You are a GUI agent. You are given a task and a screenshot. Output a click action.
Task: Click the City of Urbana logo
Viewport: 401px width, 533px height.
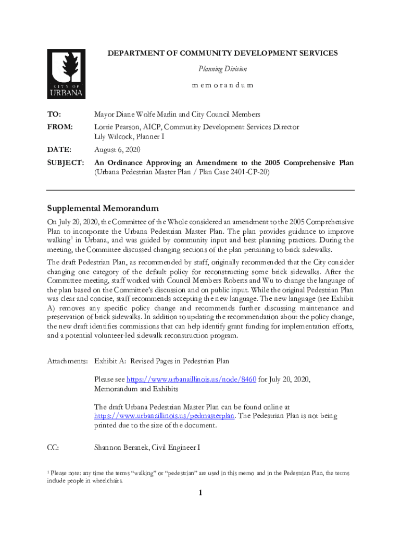[66, 74]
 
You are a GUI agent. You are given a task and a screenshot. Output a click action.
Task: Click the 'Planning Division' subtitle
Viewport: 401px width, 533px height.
[222, 69]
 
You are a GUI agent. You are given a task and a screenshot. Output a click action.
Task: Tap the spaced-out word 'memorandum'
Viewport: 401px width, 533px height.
[222, 85]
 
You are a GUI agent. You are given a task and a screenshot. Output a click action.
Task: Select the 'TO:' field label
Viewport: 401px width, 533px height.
[54, 114]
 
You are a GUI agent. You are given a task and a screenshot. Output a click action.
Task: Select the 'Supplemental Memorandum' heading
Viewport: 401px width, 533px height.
[103, 208]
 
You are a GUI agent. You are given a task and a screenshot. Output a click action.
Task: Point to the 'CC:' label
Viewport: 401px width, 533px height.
[53, 447]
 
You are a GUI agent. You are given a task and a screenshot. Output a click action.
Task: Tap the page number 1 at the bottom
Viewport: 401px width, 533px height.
[200, 493]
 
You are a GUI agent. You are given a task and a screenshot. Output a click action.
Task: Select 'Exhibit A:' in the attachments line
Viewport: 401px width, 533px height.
[110, 361]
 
